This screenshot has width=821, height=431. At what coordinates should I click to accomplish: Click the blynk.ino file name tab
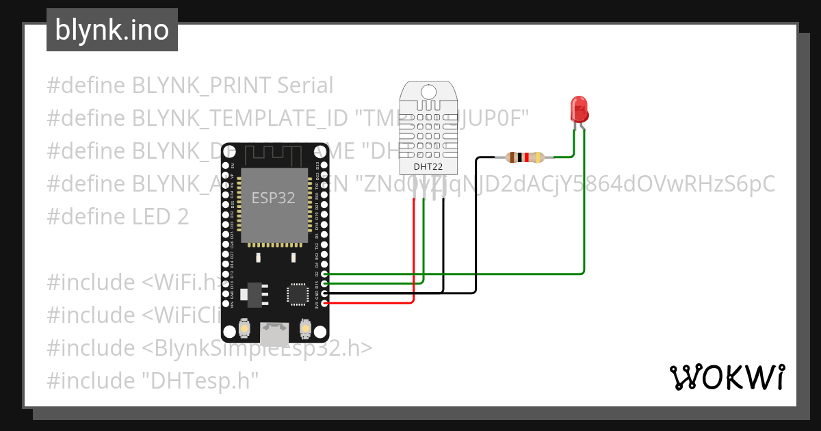point(112,30)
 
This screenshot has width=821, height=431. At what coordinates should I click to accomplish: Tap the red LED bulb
point(579,109)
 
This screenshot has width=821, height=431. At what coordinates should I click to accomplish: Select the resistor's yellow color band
point(538,157)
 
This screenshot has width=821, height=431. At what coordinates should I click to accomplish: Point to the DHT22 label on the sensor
point(428,166)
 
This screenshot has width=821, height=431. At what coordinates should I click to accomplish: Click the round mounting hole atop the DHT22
point(428,91)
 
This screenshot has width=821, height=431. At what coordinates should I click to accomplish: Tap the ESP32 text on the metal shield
point(274,198)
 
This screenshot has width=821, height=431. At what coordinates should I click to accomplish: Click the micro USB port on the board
point(274,334)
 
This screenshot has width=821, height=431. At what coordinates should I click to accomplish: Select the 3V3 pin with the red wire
point(324,302)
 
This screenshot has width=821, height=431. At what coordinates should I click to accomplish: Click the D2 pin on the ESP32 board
point(324,274)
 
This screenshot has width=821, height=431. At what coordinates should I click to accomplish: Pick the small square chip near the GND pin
point(297,294)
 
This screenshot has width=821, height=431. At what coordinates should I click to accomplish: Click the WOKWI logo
point(727,377)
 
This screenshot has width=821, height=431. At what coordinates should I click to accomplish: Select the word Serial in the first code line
point(305,86)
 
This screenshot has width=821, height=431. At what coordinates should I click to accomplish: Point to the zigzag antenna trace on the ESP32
point(274,154)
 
